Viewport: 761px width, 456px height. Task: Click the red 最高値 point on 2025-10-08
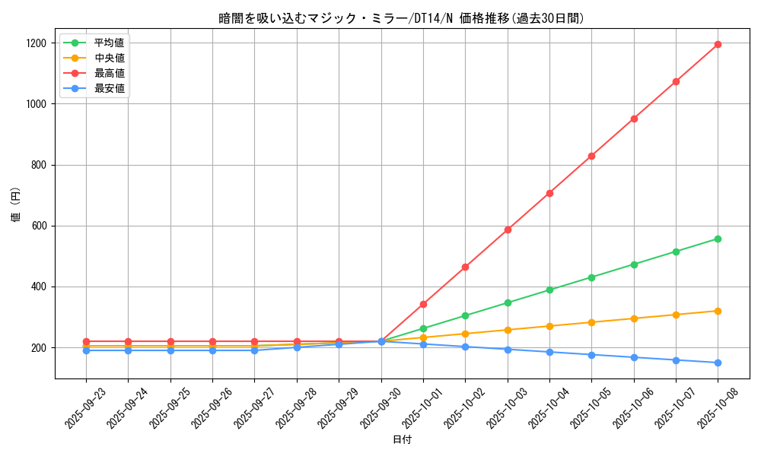coord(718,44)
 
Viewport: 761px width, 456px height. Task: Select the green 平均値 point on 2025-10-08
coord(718,239)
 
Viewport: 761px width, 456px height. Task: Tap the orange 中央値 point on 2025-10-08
coord(718,311)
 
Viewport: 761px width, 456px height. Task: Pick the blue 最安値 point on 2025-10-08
coord(718,363)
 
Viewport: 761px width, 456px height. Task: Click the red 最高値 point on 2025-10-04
coord(549,193)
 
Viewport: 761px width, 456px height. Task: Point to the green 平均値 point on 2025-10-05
coord(591,277)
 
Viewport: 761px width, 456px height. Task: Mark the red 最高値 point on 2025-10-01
coord(423,304)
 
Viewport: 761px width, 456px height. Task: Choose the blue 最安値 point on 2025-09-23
coord(86,350)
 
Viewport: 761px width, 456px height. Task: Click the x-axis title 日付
coord(402,440)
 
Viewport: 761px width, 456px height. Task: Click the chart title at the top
coord(402,18)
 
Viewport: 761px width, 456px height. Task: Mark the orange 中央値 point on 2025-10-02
coord(465,334)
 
